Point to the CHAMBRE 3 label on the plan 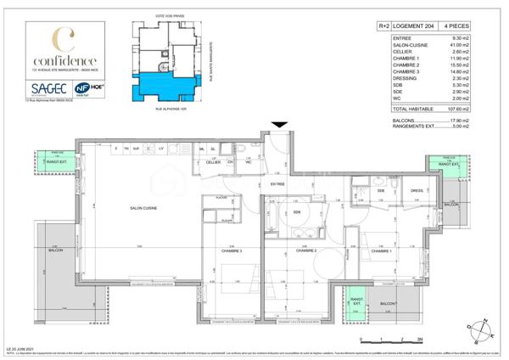231,251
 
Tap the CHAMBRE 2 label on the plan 306,251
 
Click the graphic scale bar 391,340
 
